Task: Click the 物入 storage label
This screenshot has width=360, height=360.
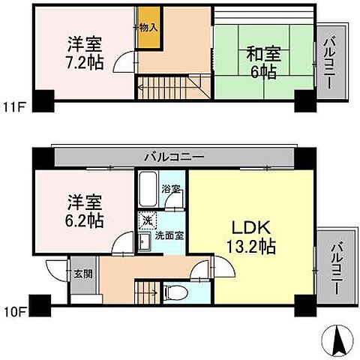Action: coord(148,27)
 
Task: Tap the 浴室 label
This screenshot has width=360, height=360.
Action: coord(170,188)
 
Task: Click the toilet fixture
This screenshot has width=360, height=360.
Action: coord(169,289)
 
